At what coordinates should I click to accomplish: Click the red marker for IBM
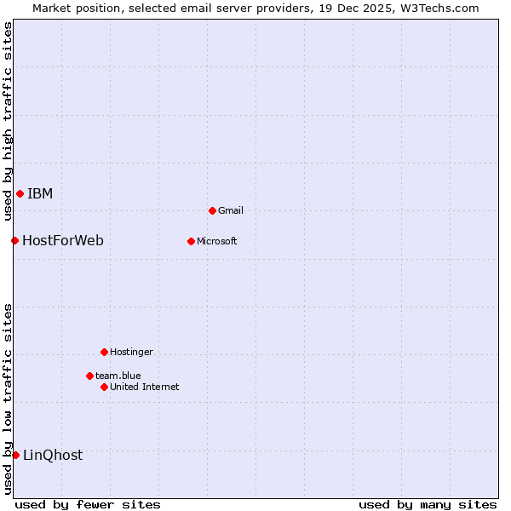pos(20,193)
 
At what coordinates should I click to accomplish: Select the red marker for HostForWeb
pos(14,240)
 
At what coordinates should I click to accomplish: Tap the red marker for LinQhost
pos(15,455)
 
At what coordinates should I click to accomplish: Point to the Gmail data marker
pos(212,210)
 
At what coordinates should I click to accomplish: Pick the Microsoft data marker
pos(191,241)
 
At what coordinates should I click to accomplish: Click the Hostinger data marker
pos(104,352)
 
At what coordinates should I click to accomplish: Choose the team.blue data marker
pos(89,376)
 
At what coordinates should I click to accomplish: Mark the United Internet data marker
pos(104,387)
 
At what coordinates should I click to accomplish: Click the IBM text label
pos(40,193)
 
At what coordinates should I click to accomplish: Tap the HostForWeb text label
pos(63,240)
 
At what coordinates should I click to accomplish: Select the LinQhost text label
pos(53,455)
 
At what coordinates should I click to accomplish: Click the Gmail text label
pos(231,210)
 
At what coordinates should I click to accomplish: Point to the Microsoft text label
pos(217,241)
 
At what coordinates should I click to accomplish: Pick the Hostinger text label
pos(132,352)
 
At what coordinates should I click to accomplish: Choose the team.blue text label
pos(118,376)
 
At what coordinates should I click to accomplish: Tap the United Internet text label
pos(145,387)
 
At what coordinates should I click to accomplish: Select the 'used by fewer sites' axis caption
pos(88,504)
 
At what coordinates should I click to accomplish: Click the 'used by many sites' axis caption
pos(428,504)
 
